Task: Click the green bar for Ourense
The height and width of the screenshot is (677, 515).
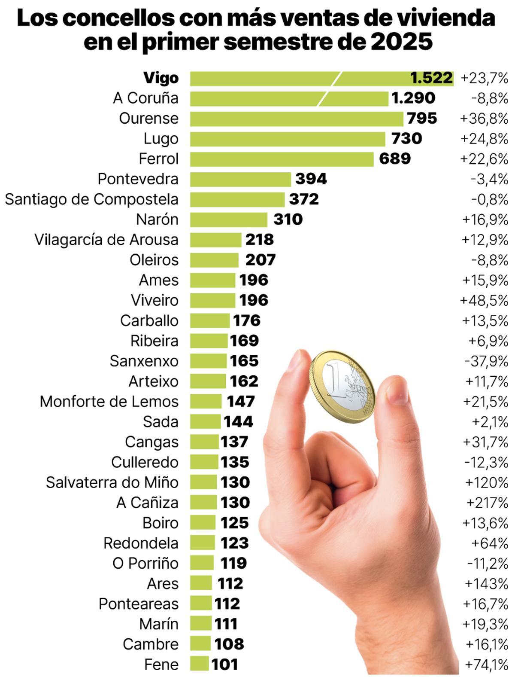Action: [296, 119]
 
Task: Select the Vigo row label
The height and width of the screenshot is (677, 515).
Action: [161, 78]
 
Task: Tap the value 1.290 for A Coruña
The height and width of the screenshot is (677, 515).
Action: [413, 98]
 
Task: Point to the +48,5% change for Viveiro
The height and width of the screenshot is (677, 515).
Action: [484, 300]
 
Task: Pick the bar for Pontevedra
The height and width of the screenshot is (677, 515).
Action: [240, 179]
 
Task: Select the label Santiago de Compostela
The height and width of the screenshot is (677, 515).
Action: [91, 199]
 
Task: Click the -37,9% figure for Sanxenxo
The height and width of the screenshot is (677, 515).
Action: [486, 361]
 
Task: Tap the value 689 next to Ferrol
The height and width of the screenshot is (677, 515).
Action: [394, 159]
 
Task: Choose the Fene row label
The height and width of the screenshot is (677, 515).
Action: [161, 665]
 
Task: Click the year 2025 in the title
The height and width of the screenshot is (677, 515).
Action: [401, 42]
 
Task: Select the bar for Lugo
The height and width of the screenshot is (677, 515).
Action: [288, 139]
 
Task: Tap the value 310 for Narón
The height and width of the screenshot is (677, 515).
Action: [288, 220]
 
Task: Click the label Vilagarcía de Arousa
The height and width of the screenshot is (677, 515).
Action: [106, 240]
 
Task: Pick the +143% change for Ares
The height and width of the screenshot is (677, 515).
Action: [486, 584]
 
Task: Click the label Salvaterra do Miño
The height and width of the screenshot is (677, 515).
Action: [112, 482]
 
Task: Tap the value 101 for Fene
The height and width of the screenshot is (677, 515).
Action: [224, 665]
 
